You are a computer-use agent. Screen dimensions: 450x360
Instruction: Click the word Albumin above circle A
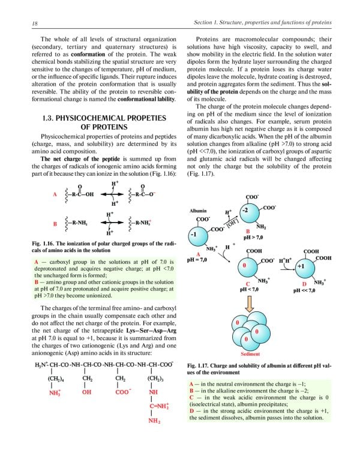[x=197, y=211]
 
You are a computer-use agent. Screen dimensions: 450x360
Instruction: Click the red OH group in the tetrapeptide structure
[x=87, y=393]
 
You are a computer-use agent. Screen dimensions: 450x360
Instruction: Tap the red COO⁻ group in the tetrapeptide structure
[x=122, y=393]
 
